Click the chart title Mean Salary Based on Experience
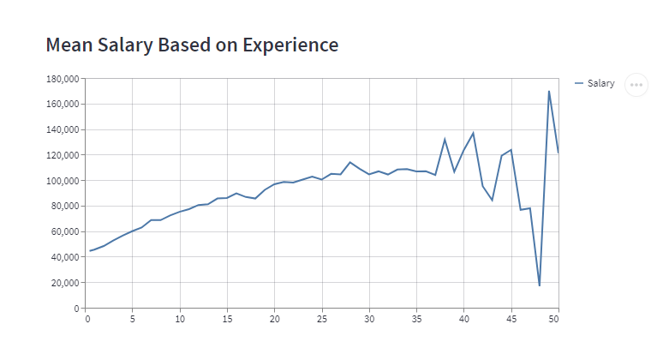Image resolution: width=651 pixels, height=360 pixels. pyautogui.click(x=191, y=45)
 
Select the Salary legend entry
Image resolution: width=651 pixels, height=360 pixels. pyautogui.click(x=600, y=83)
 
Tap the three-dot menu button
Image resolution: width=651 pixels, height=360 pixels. pyautogui.click(x=636, y=85)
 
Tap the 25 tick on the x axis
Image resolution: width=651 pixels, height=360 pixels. pyautogui.click(x=321, y=320)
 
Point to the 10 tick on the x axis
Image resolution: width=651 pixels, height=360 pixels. pyautogui.click(x=181, y=320)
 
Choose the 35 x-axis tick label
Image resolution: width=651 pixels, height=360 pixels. pyautogui.click(x=415, y=320)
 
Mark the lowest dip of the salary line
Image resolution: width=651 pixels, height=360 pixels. pyautogui.click(x=540, y=285)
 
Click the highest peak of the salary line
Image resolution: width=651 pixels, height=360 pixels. pyautogui.click(x=549, y=91)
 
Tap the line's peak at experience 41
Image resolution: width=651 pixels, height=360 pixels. pyautogui.click(x=474, y=133)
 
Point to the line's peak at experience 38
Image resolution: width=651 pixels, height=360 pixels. pyautogui.click(x=445, y=139)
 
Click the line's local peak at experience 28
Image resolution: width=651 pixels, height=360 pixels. pyautogui.click(x=350, y=162)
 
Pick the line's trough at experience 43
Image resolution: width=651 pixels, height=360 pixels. pyautogui.click(x=493, y=201)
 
